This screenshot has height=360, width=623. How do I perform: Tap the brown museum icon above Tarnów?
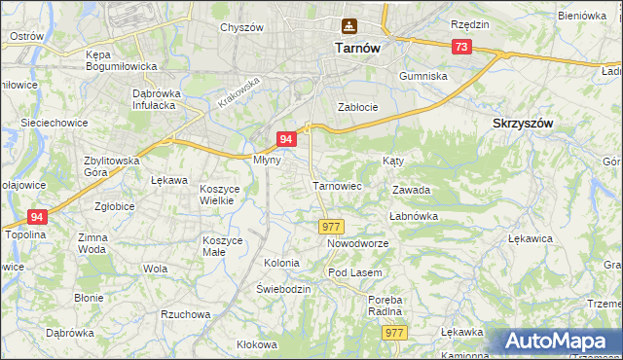click(x=348, y=26)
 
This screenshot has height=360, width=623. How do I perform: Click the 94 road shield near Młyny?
click(x=286, y=140)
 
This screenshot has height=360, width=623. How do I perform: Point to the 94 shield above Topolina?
click(x=37, y=217)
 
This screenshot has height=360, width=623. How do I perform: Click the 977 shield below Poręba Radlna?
click(x=393, y=333)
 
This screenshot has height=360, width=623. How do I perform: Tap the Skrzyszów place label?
click(x=524, y=124)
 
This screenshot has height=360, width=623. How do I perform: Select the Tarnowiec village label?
click(x=337, y=185)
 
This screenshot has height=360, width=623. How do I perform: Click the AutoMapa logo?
click(x=563, y=342)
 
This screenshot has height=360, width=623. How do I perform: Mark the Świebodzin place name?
click(x=283, y=289)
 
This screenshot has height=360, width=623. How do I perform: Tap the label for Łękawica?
click(x=531, y=237)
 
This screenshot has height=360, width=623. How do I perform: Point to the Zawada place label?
click(x=411, y=191)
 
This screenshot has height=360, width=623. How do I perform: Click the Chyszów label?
click(x=241, y=28)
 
